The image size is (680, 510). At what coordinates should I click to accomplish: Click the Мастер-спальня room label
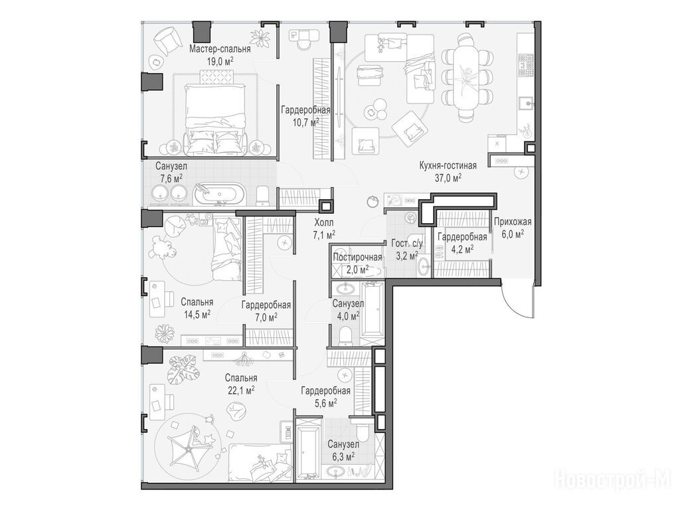pos(220,49)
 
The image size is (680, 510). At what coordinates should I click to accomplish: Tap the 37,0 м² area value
pos(448,177)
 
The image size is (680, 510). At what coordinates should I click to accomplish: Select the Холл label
pos(324,223)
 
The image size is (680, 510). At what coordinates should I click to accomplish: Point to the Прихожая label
pos(513,222)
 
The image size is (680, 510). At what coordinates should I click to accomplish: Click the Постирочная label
pos(357,257)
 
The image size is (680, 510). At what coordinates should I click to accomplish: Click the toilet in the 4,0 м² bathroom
pos(345,335)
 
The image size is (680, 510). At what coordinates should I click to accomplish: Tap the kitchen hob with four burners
pos(527,64)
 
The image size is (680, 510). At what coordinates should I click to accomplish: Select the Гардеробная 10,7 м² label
pos(305,116)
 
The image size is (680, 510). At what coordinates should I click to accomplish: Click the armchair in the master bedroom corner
pos(167,39)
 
